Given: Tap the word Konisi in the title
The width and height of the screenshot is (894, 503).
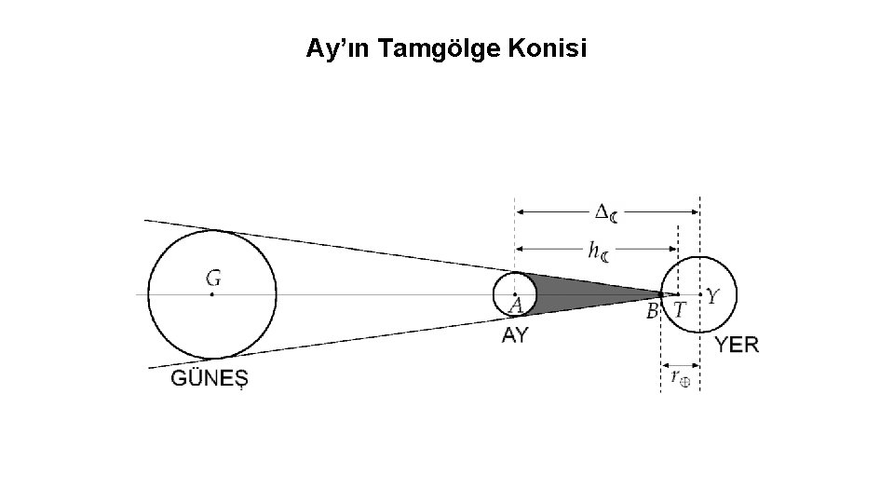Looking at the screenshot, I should click(x=549, y=48).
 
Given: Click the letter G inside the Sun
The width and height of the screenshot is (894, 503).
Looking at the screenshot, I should click(x=213, y=278).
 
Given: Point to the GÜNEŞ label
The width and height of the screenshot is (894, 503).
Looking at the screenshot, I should click(x=210, y=378).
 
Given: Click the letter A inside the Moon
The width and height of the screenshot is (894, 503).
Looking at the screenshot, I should click(x=516, y=306).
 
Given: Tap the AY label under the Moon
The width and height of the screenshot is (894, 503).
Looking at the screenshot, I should click(x=515, y=335).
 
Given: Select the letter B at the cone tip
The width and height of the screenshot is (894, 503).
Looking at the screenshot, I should click(x=653, y=310).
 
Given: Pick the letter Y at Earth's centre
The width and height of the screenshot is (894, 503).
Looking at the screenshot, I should click(x=712, y=296).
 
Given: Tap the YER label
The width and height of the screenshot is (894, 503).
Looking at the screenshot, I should click(x=737, y=345).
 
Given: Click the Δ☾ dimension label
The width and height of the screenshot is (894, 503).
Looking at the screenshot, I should click(x=605, y=213).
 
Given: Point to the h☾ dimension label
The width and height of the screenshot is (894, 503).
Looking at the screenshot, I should click(x=598, y=250).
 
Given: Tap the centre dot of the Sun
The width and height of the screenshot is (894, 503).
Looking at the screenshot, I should click(x=212, y=294).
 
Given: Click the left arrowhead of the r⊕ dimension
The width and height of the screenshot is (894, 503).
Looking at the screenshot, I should click(x=664, y=363).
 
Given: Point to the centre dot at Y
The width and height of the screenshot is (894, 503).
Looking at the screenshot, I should click(x=700, y=294).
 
